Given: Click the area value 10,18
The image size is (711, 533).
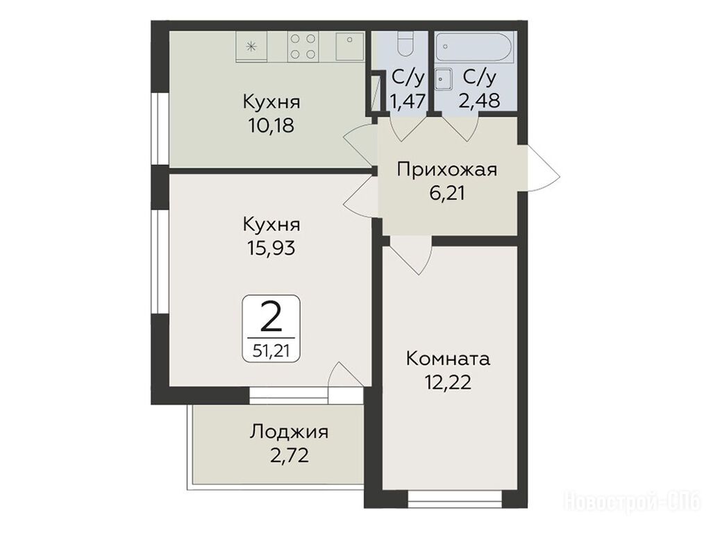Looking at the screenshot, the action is pyautogui.click(x=271, y=126).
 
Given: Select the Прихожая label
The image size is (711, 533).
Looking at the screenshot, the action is pyautogui.click(x=446, y=171).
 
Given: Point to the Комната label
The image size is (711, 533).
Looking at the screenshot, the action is pyautogui.click(x=448, y=359).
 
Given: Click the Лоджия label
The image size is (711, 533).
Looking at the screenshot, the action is pyautogui.click(x=289, y=432).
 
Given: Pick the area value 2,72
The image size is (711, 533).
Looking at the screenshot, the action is pyautogui.click(x=290, y=455).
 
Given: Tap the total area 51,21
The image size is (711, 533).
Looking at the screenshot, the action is pyautogui.click(x=271, y=351).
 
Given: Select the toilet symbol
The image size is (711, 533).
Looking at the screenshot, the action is pyautogui.click(x=403, y=44).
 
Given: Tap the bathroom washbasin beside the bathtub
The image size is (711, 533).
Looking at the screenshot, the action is pyautogui.click(x=444, y=80).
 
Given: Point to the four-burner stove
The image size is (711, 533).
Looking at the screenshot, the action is pyautogui.click(x=303, y=46).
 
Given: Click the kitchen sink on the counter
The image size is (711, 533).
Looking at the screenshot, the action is pyautogui.click(x=350, y=46).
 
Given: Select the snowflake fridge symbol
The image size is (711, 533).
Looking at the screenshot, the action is pyautogui.click(x=251, y=46).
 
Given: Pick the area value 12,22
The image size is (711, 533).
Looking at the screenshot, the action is pyautogui.click(x=448, y=383).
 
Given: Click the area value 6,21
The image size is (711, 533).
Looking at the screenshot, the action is pyautogui.click(x=447, y=194).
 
